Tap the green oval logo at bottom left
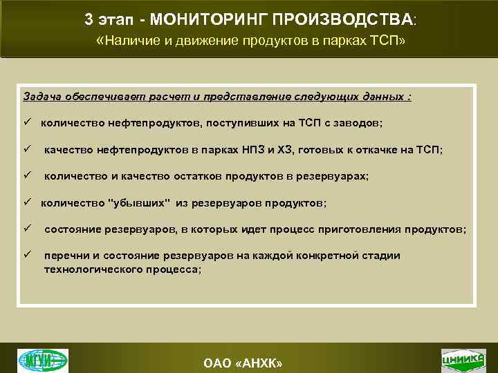[x=43, y=360]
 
